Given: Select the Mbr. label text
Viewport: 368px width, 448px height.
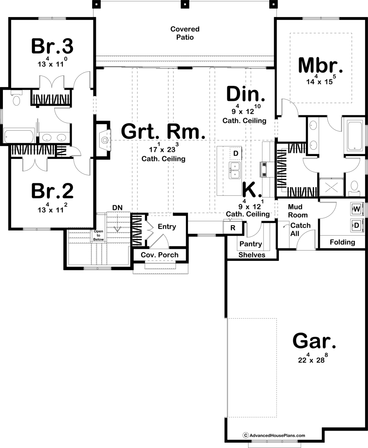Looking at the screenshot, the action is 320,65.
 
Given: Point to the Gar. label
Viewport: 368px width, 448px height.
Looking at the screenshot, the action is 314,341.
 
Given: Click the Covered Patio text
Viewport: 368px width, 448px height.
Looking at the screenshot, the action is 185,33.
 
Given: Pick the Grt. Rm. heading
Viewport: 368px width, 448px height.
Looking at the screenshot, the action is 163,131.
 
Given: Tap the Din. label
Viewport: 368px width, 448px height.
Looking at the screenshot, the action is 246,94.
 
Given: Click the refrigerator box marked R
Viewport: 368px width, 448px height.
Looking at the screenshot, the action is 233,228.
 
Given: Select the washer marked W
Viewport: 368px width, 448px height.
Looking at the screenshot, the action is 357,209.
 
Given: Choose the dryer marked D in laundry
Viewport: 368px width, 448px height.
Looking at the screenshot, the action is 357,225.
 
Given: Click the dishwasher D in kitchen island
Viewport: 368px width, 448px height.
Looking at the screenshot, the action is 236,154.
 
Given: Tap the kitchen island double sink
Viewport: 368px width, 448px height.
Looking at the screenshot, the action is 234,170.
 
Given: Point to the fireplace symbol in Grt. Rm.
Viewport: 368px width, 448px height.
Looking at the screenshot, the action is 105,140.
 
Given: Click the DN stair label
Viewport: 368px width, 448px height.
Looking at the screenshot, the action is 117,208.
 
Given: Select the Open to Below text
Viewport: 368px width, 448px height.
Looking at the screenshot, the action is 99,235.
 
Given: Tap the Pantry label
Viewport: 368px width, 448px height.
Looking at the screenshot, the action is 251,244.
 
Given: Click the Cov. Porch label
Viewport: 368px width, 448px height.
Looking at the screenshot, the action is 159,255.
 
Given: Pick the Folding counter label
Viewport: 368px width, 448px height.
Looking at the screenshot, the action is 342,242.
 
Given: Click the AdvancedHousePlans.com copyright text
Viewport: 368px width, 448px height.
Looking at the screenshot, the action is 274,436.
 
